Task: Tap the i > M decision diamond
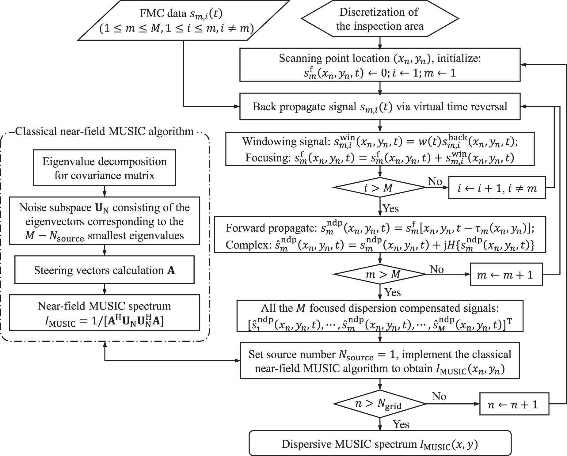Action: coord(380,188)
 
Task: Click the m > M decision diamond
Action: coord(380,274)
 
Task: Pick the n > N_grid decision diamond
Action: coord(380,404)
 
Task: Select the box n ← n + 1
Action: coord(514,404)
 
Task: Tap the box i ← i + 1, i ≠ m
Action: coord(497,188)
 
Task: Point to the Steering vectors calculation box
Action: coord(104,270)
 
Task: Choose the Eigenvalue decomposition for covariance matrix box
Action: coord(104,168)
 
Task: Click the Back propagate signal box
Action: coord(380,107)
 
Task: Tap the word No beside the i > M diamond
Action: coord(435,181)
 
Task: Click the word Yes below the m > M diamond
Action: coord(393,292)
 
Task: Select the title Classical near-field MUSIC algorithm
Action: coord(104,131)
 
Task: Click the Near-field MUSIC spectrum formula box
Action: coord(104,313)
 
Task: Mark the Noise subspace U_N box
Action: coord(104,221)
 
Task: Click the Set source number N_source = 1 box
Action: coord(380,361)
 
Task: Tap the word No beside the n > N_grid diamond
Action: coord(439,397)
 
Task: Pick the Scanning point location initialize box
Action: coord(380,65)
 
